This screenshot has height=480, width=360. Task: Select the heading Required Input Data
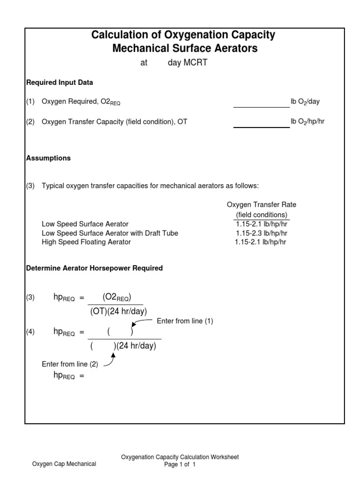[x=59, y=82]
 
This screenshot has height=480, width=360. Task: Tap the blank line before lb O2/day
[x=261, y=104]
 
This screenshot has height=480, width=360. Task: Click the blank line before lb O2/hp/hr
[x=261, y=124]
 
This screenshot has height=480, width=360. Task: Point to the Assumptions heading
[x=48, y=158]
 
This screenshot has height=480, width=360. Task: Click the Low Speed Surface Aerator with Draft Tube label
[x=110, y=233]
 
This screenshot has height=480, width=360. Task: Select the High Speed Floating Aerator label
[x=86, y=242]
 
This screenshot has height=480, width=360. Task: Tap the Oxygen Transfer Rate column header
[x=262, y=205]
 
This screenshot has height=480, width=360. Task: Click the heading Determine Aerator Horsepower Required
[x=94, y=269]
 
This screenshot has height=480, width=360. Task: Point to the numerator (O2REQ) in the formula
[x=117, y=297]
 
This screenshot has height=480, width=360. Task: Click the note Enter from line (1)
[x=185, y=321]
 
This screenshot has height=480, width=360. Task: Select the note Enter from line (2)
[x=70, y=364]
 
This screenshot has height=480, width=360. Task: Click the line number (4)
[x=30, y=332]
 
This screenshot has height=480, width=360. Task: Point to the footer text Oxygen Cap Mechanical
[x=64, y=464]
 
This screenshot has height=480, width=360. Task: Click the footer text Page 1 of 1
[x=180, y=465]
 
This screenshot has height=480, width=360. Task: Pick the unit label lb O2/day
[x=306, y=102]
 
